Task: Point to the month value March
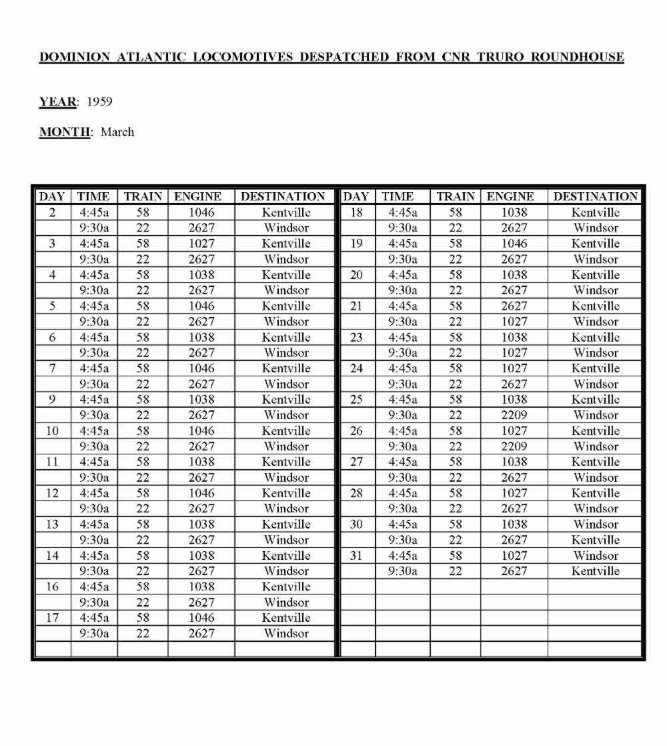point(117,132)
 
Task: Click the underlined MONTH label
point(64,132)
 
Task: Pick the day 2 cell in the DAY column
point(52,213)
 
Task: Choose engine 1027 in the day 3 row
point(201,244)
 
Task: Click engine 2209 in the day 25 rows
point(514,415)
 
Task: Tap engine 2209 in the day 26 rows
point(514,446)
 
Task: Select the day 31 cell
point(356,556)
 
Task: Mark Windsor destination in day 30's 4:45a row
point(595,524)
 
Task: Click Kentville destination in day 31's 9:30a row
point(595,571)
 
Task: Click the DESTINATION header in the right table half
point(595,197)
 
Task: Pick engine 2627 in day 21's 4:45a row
point(514,306)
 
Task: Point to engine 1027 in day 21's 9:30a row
point(514,322)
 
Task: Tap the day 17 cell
point(52,618)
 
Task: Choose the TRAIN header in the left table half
point(143,197)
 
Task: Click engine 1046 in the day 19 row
point(514,244)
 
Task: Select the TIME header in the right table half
point(398,197)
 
